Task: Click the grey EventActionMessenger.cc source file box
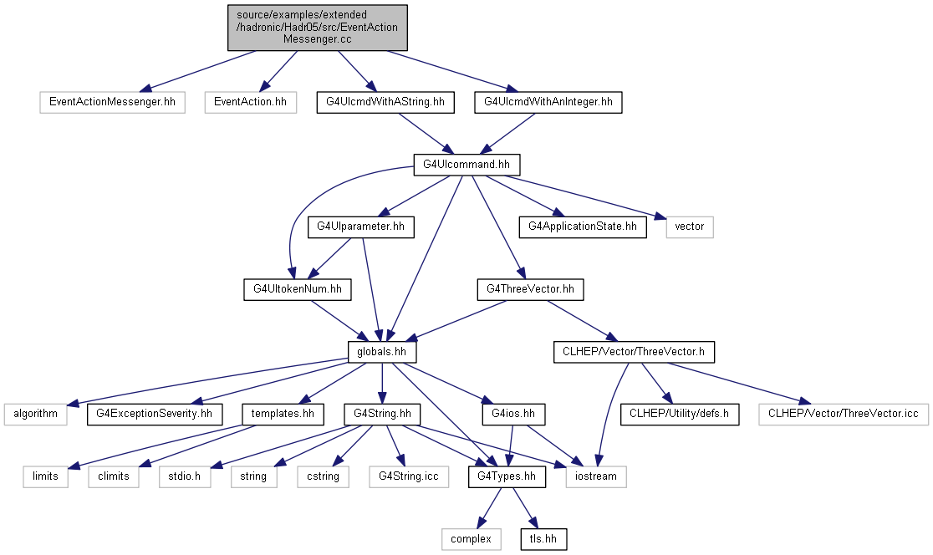[x=318, y=28]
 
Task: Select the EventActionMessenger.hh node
[x=113, y=102]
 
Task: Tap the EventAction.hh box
[x=251, y=102]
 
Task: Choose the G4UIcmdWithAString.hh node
[x=385, y=102]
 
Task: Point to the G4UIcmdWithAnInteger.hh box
[x=548, y=102]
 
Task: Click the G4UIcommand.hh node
[x=466, y=165]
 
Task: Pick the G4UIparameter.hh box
[x=360, y=227]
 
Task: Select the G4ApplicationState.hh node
[x=583, y=227]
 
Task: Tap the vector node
[x=690, y=227]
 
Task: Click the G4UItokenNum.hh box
[x=298, y=290]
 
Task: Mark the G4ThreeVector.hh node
[x=530, y=290]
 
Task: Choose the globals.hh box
[x=382, y=352]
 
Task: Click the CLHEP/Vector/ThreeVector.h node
[x=634, y=352]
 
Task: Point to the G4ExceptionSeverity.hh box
[x=155, y=415]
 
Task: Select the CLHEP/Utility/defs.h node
[x=680, y=415]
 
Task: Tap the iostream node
[x=596, y=477]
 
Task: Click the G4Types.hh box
[x=507, y=477]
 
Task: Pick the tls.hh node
[x=543, y=539]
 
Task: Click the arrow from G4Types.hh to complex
[x=490, y=508]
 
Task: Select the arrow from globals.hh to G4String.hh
[x=382, y=384]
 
